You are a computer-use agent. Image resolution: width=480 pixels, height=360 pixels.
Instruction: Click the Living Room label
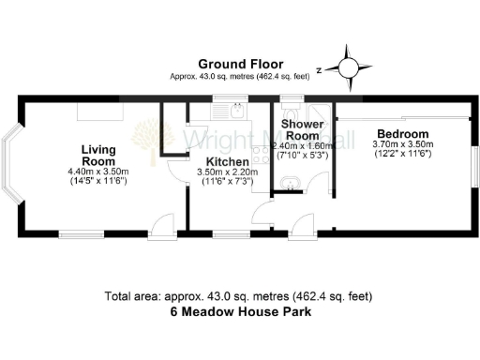pos(97,156)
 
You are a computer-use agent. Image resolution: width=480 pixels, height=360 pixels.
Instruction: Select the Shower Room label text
pos(303,130)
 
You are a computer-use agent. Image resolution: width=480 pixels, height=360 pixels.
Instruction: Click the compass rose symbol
pos(348,66)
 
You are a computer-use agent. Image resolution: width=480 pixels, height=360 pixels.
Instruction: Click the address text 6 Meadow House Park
pos(240,312)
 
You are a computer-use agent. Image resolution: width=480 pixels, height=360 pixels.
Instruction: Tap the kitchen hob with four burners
pos(260,156)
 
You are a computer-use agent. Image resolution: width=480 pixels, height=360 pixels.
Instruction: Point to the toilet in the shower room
pos(319,113)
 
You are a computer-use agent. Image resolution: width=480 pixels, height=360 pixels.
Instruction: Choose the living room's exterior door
pos(161,228)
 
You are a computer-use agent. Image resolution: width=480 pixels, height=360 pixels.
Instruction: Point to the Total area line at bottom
pos(240,297)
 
